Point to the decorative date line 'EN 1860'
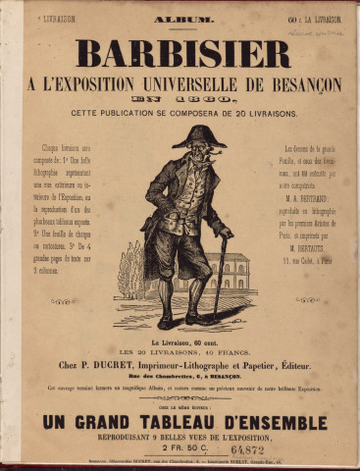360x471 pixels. (x=183, y=101)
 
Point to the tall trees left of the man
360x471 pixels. (x=130, y=270)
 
